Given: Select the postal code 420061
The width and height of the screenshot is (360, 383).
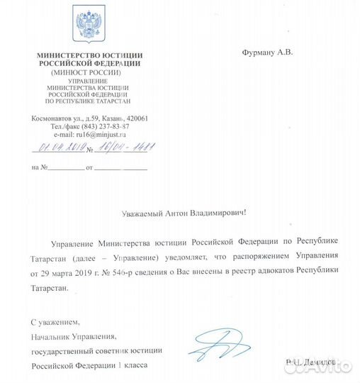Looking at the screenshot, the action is (x=153, y=118).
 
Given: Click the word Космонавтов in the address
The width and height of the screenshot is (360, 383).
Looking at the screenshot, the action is (x=53, y=118).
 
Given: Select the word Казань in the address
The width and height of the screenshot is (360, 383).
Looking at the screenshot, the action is (x=125, y=118).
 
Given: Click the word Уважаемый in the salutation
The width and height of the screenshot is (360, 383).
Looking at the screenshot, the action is (x=142, y=212).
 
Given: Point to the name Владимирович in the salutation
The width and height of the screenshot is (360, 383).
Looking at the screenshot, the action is (x=218, y=212).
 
